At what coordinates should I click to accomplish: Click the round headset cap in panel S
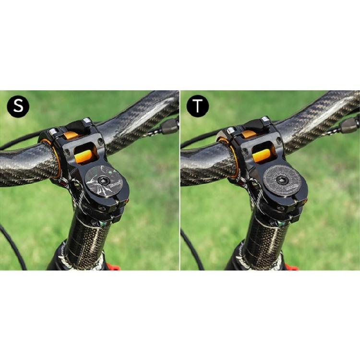pyautogui.click(x=105, y=181)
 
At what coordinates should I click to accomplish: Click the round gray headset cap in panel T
pyautogui.click(x=285, y=181)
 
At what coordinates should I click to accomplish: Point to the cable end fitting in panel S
pyautogui.click(x=169, y=126)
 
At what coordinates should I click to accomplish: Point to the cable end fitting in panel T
pyautogui.click(x=349, y=126)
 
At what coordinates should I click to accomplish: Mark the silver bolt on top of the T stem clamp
pyautogui.click(x=265, y=120)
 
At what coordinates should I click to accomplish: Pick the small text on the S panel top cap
pyautogui.click(x=116, y=183)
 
